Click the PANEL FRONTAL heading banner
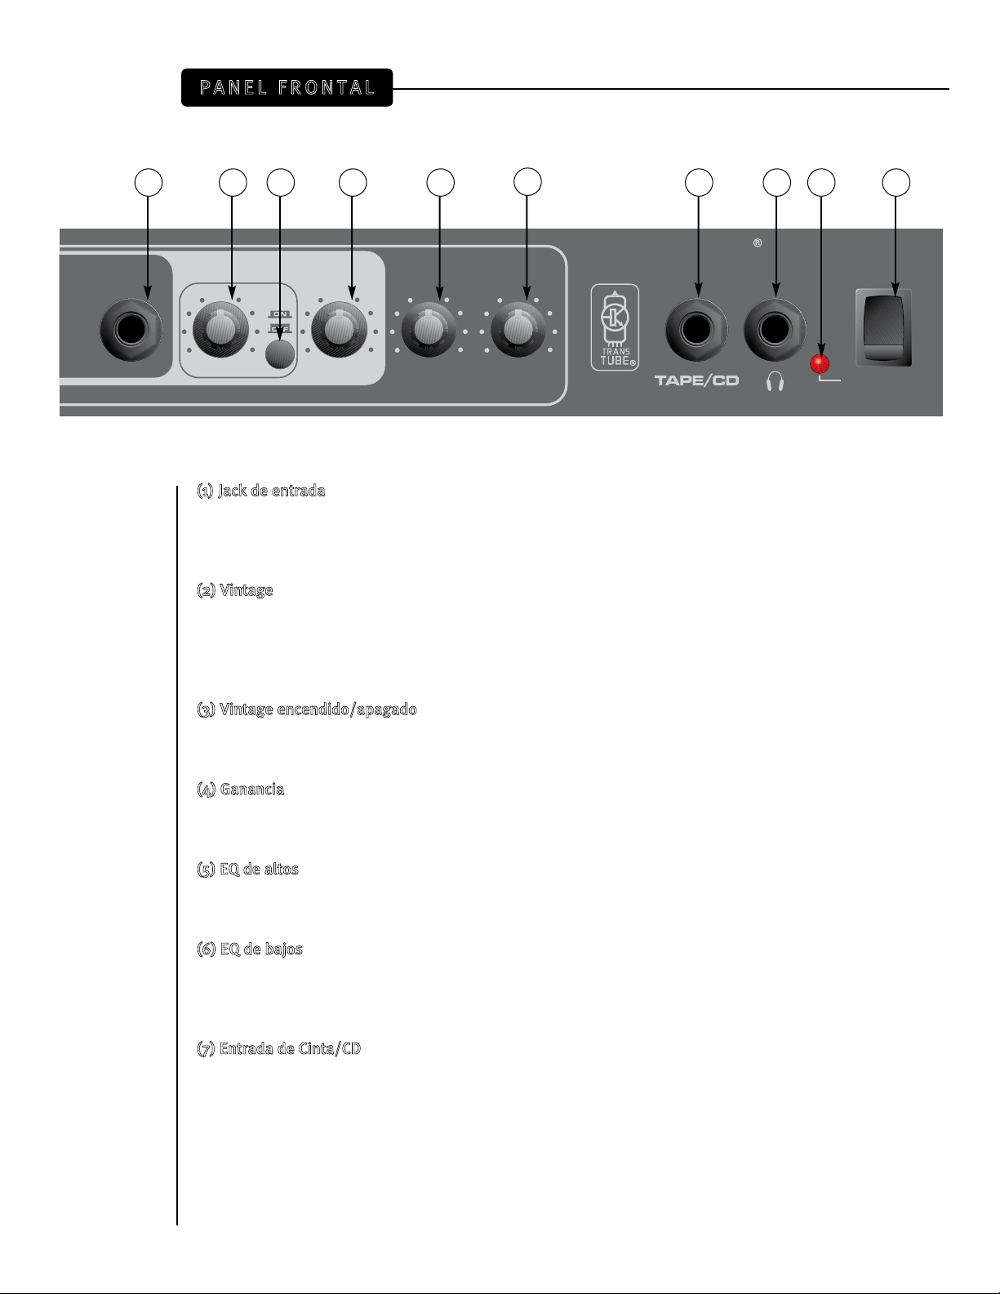(x=287, y=87)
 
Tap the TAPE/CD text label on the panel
(x=696, y=380)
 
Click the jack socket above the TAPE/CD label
(x=696, y=331)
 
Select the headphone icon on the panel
(x=775, y=381)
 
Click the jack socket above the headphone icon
(x=775, y=331)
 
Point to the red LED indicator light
(x=820, y=364)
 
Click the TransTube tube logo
(x=615, y=327)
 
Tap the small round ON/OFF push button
(x=280, y=355)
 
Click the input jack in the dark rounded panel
(x=131, y=331)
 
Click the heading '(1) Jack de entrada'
(x=261, y=491)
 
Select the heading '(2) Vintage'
(x=235, y=590)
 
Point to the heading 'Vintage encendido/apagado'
(x=318, y=709)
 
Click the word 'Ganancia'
(x=251, y=789)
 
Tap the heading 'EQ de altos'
(x=259, y=869)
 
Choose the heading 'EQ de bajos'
(x=261, y=949)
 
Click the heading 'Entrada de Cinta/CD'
(x=290, y=1049)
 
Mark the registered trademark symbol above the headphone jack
(x=758, y=243)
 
